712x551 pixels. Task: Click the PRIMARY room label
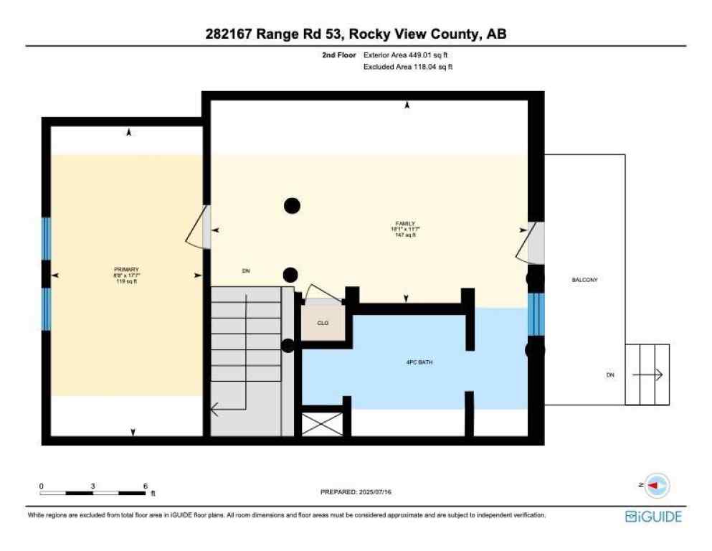(x=126, y=270)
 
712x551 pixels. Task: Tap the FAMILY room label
(x=404, y=223)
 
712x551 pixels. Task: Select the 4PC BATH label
(x=419, y=362)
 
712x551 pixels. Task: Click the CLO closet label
(x=323, y=324)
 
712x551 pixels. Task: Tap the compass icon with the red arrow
(x=657, y=485)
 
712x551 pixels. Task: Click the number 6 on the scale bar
(x=146, y=486)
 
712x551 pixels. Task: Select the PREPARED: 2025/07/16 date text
(x=356, y=492)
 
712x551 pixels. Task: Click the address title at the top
(x=356, y=34)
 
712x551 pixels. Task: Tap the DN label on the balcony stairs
(x=610, y=375)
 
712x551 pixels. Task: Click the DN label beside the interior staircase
(x=245, y=270)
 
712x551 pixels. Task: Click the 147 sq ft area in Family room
(x=404, y=235)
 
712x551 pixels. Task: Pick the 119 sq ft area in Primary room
(x=126, y=281)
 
